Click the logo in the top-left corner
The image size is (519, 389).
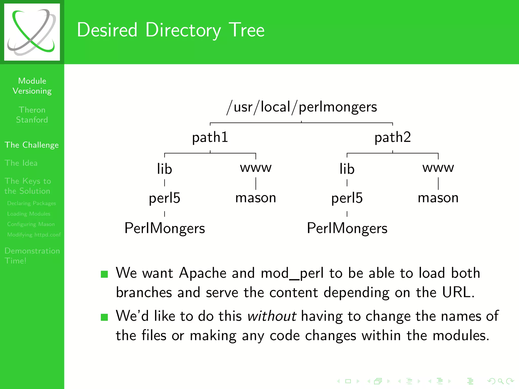click(x=32, y=32)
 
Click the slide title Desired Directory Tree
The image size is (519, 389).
click(x=171, y=30)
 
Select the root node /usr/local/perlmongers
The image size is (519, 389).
click(x=302, y=107)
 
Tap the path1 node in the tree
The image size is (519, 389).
click(x=210, y=137)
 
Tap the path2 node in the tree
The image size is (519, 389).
click(x=393, y=137)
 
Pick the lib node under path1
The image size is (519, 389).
click(x=164, y=169)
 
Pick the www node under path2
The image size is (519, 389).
click(x=438, y=168)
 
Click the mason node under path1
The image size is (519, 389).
click(x=256, y=198)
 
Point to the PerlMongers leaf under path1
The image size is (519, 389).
click(x=164, y=228)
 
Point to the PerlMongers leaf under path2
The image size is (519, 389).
click(x=347, y=228)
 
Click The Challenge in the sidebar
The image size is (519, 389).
click(x=32, y=145)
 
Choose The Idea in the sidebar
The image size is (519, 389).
click(x=21, y=163)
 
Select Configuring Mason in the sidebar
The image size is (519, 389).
click(x=31, y=224)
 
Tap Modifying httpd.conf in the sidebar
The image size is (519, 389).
click(x=34, y=235)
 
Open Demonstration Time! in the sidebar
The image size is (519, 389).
click(x=32, y=256)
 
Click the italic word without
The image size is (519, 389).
click(x=272, y=316)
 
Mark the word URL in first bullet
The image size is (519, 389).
click(x=458, y=293)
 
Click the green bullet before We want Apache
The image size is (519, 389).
click(x=104, y=274)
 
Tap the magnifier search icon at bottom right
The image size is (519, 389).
click(x=500, y=381)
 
